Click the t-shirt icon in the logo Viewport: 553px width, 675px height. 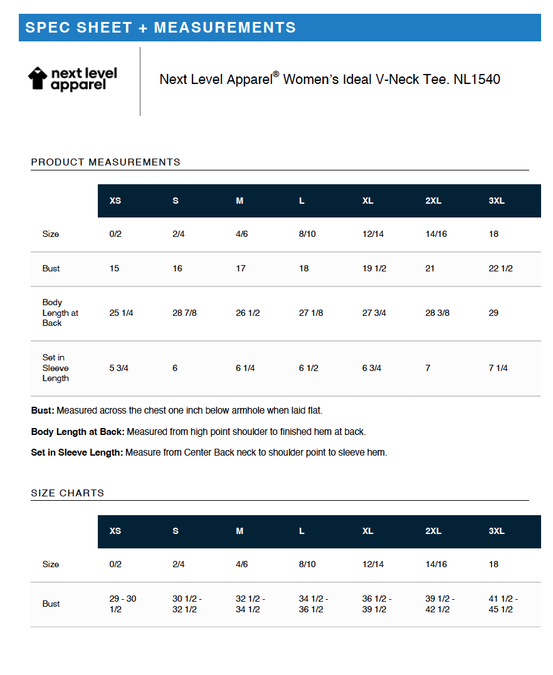click(x=38, y=78)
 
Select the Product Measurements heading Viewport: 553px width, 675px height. click(x=105, y=162)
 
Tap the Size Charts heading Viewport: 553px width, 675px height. click(x=68, y=493)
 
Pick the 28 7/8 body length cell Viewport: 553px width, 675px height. click(x=184, y=313)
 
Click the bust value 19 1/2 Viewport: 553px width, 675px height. click(x=374, y=268)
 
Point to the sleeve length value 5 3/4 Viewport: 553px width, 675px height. click(x=118, y=368)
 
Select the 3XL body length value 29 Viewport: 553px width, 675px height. click(x=493, y=313)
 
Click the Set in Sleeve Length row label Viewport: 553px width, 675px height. click(x=55, y=368)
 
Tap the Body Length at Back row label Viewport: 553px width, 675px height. click(x=60, y=313)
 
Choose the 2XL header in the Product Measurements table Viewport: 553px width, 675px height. click(x=433, y=201)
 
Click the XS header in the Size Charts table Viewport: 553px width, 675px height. click(x=115, y=531)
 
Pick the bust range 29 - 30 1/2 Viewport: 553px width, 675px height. click(x=122, y=604)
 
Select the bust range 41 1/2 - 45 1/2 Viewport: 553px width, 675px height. click(x=503, y=604)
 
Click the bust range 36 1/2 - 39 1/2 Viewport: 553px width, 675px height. click(x=376, y=604)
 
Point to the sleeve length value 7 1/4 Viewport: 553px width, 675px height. click(x=498, y=368)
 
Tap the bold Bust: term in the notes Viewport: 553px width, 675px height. click(x=43, y=411)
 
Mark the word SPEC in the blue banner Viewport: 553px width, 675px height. click(x=47, y=28)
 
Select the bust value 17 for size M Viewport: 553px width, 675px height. click(x=240, y=268)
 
